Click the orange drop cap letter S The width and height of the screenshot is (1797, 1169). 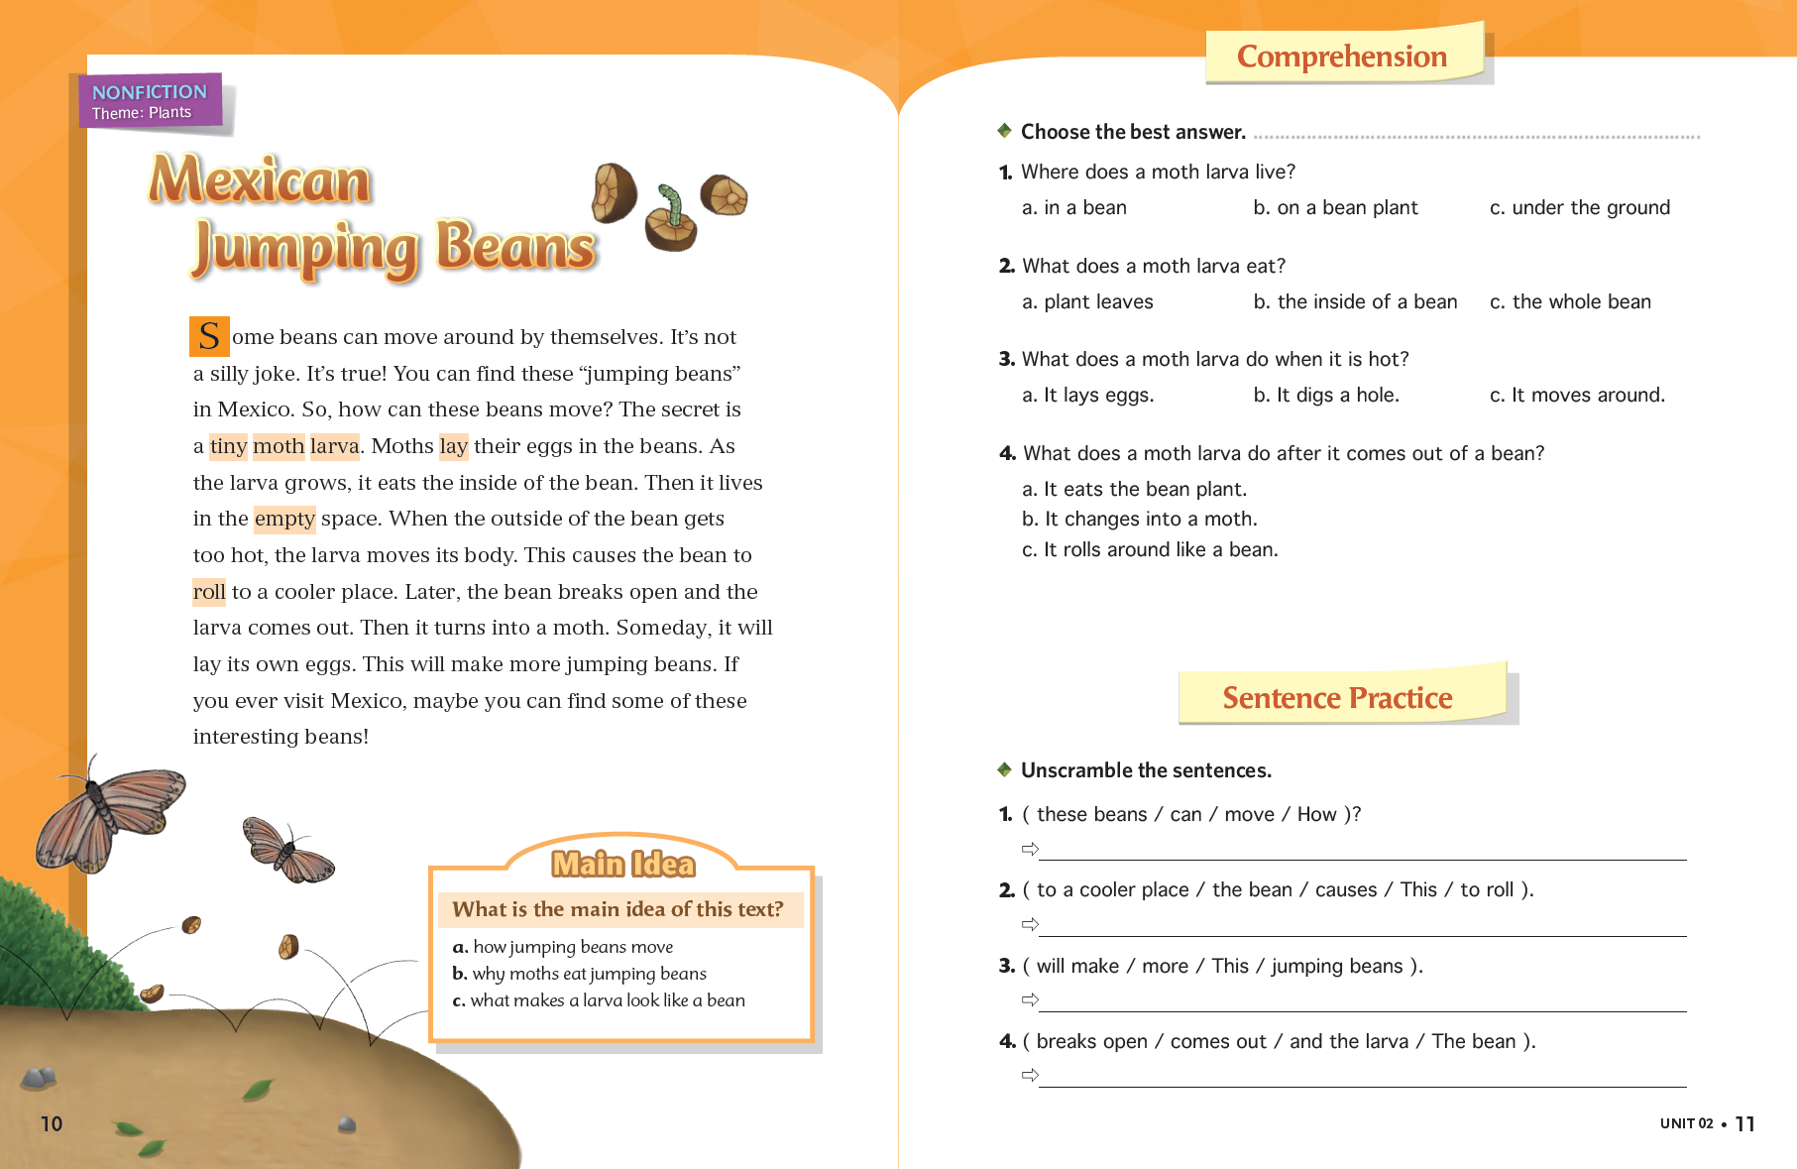(x=209, y=336)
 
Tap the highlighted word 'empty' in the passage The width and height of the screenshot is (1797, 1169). (x=284, y=519)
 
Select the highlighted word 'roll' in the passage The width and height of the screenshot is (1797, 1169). (x=209, y=592)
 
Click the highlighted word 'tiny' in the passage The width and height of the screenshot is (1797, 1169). (x=228, y=446)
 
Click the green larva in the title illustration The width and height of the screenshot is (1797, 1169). (x=673, y=204)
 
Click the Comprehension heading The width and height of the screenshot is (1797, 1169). (x=1342, y=57)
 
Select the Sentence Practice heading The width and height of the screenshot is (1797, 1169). (x=1337, y=698)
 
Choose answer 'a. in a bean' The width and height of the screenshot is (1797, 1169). (x=1074, y=208)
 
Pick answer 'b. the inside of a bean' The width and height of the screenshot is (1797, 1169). (x=1355, y=302)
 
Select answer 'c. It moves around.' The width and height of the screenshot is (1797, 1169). (x=1577, y=396)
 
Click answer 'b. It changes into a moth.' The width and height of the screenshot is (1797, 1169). (x=1140, y=520)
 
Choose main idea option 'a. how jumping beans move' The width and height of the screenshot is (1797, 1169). (x=563, y=947)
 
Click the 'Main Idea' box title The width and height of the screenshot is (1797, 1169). (x=623, y=865)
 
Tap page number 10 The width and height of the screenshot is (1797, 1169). (x=52, y=1123)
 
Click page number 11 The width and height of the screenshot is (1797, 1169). (x=1745, y=1124)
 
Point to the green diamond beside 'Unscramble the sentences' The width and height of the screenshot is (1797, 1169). (x=1004, y=769)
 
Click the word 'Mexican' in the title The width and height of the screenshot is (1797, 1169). (x=260, y=181)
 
